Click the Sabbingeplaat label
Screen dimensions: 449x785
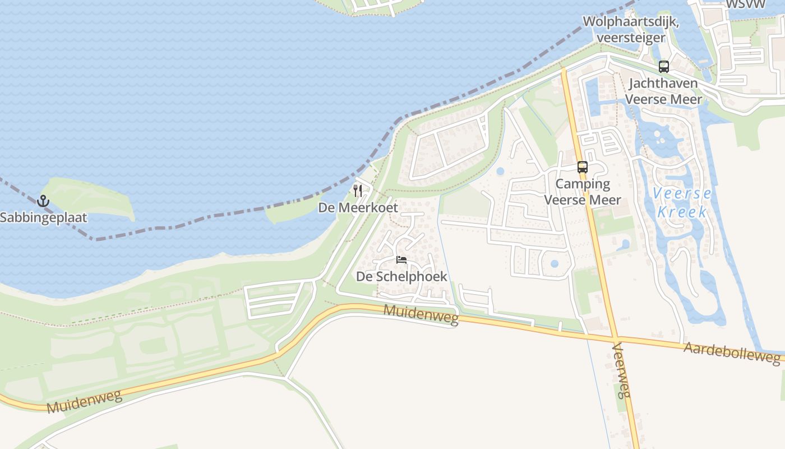pyautogui.click(x=43, y=217)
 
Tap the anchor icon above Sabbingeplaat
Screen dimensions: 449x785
pyautogui.click(x=43, y=200)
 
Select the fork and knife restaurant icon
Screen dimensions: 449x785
pyautogui.click(x=358, y=191)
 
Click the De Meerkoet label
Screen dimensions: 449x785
pyautogui.click(x=358, y=208)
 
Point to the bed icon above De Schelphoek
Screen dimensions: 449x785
pyautogui.click(x=401, y=260)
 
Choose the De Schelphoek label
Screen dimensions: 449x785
pyautogui.click(x=401, y=276)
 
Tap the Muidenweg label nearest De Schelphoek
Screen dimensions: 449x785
pyautogui.click(x=421, y=315)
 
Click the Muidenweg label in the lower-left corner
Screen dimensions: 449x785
pyautogui.click(x=84, y=402)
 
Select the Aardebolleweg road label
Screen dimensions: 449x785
pyautogui.click(x=732, y=353)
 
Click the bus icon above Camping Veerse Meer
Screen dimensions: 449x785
pyautogui.click(x=583, y=167)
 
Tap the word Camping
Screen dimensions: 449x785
pyautogui.click(x=583, y=184)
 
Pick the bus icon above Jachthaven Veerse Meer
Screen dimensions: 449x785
pyautogui.click(x=664, y=67)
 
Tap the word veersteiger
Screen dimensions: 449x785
pyautogui.click(x=631, y=38)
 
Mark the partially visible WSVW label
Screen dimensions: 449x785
pyautogui.click(x=745, y=4)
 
